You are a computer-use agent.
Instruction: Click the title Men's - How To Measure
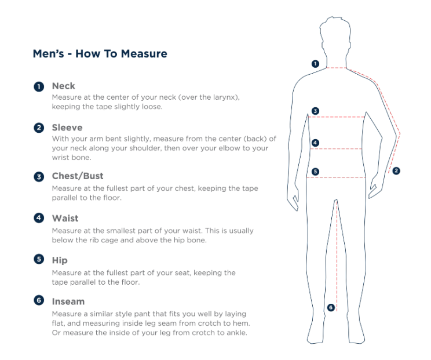click(100, 54)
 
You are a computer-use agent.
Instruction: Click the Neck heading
click(63, 86)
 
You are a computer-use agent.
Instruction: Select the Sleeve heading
click(67, 128)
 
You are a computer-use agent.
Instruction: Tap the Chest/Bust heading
click(78, 176)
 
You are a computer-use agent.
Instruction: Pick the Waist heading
click(65, 218)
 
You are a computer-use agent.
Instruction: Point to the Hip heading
click(60, 260)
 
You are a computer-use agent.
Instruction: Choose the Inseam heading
click(68, 301)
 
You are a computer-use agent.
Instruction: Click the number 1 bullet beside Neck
click(39, 86)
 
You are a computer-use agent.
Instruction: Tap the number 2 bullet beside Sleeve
click(39, 128)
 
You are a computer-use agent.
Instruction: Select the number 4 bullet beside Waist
click(39, 219)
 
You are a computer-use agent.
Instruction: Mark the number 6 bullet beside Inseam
click(39, 301)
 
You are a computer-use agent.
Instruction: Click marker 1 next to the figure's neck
click(315, 64)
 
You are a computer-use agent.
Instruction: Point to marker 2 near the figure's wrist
click(396, 170)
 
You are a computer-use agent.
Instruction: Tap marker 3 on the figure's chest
click(315, 111)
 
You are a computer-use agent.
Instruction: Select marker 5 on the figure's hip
click(315, 172)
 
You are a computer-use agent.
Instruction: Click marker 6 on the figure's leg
click(331, 307)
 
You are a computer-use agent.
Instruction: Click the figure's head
click(338, 38)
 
